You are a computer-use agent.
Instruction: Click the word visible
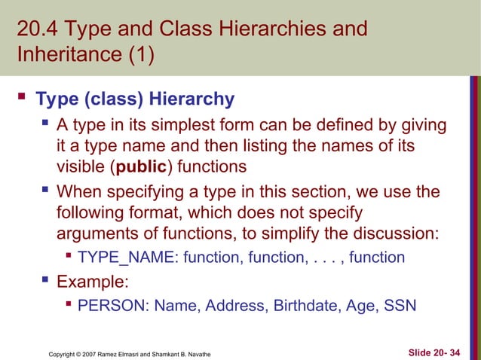[x=81, y=166]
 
